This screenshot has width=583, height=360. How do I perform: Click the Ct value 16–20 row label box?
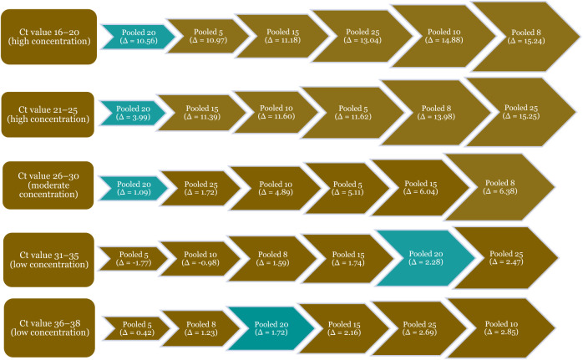coord(48,37)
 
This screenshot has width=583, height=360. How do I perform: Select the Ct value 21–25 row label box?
coord(48,114)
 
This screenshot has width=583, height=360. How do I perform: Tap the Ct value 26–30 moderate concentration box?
coord(48,185)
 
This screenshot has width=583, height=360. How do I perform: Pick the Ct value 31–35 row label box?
coord(48,260)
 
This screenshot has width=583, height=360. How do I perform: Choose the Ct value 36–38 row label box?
coord(49,328)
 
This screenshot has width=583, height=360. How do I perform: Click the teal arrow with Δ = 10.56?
coord(139,37)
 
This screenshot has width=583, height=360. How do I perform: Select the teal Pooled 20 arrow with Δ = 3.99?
coord(133,113)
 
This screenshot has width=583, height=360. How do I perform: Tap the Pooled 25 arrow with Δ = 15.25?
coord(521,112)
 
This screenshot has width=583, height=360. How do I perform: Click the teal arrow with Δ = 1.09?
coord(134,188)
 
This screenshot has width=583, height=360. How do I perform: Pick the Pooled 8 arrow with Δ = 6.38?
coord(500,187)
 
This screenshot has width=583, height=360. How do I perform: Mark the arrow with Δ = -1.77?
coord(134,258)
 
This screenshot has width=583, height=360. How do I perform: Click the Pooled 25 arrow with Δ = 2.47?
coord(506,258)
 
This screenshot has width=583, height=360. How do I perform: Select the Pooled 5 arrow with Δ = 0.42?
coord(137,328)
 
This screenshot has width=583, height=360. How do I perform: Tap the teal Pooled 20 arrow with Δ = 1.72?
coord(271,328)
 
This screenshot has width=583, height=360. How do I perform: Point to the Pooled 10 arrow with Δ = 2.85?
coord(501,328)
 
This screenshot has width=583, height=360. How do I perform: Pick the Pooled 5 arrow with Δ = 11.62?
coord(352,112)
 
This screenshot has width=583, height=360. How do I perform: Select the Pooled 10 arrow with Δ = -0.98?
coord(200,258)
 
